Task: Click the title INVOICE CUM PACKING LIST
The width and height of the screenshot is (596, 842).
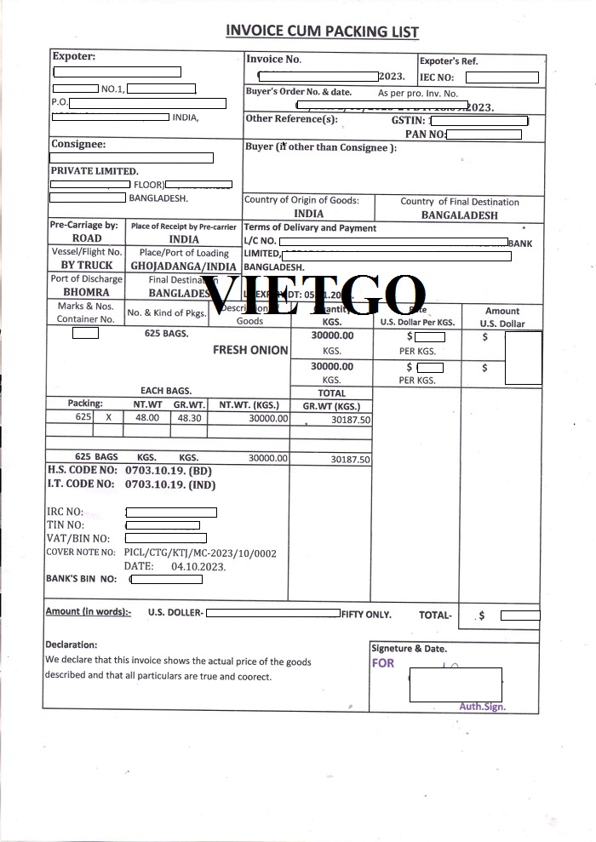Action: (x=322, y=32)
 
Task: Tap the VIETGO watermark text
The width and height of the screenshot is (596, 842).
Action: (x=314, y=295)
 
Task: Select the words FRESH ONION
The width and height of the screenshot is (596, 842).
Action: (x=250, y=350)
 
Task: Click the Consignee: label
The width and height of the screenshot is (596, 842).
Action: (x=78, y=145)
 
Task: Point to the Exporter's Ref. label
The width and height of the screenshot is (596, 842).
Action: (x=449, y=61)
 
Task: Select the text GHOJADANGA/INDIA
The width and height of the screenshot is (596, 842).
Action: (x=184, y=266)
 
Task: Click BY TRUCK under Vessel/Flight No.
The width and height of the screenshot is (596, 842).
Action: (x=87, y=266)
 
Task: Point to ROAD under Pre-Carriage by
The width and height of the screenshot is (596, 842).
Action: (x=87, y=239)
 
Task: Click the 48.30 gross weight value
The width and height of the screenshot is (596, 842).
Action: (x=187, y=418)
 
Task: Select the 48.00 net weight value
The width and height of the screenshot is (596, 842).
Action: (x=147, y=418)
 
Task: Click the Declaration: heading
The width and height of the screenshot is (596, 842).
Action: (x=71, y=644)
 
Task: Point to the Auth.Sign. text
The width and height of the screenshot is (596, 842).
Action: (x=482, y=707)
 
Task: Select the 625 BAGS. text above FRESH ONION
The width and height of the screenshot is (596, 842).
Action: (x=166, y=334)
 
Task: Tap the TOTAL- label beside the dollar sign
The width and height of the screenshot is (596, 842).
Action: (x=436, y=615)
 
